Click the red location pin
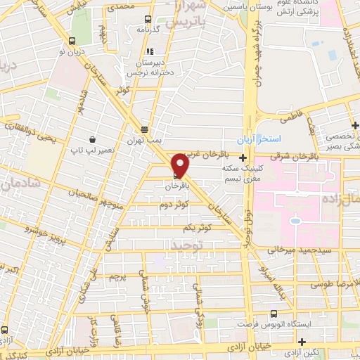pyautogui.click(x=181, y=164)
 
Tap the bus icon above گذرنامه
pyautogui.click(x=148, y=20)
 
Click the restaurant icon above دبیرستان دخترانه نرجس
pyautogui.click(x=149, y=51)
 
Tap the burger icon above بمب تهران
pyautogui.click(x=144, y=129)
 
